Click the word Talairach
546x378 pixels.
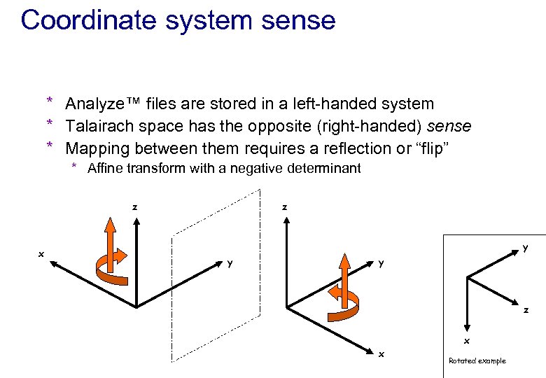coord(97,127)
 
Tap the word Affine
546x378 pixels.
coord(106,168)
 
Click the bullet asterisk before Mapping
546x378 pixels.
coord(50,147)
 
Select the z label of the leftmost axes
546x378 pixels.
coord(134,207)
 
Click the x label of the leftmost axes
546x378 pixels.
coord(41,254)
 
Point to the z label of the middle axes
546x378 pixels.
coord(283,207)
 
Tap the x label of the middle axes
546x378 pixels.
coord(381,354)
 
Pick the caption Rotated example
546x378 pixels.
coord(477,360)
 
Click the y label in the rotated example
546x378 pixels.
coord(526,247)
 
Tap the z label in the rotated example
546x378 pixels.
coord(526,310)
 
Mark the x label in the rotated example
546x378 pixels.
coord(467,341)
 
